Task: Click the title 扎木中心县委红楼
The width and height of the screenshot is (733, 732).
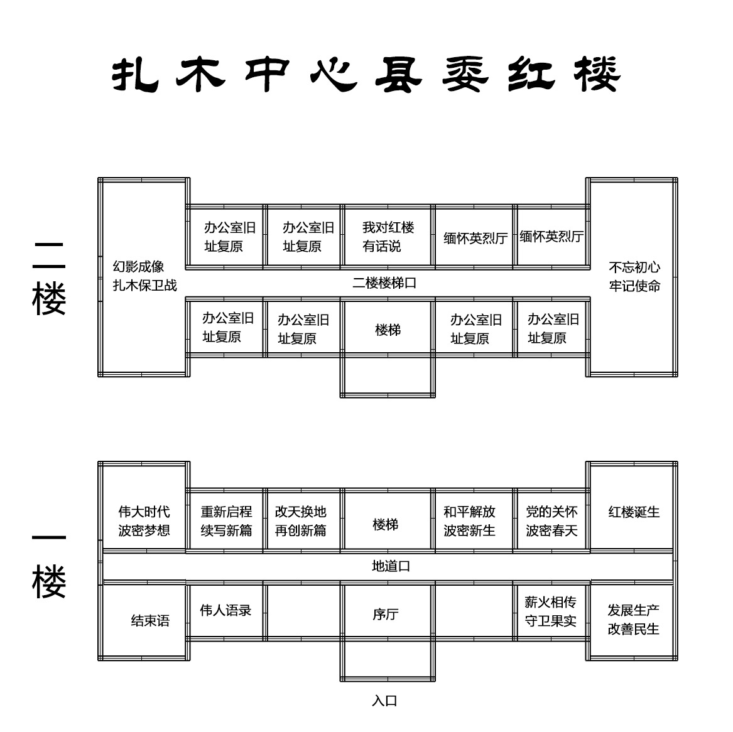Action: tap(366, 75)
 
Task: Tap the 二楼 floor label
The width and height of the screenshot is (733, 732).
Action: tap(49, 277)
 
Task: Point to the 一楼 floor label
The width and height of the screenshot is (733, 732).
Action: tap(49, 565)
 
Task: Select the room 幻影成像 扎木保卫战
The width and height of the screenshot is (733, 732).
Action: tap(144, 276)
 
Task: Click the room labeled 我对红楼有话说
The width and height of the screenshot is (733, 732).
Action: tap(388, 237)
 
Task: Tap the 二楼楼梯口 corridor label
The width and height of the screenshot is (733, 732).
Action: tap(384, 283)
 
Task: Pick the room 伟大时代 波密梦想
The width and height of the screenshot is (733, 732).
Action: tap(144, 521)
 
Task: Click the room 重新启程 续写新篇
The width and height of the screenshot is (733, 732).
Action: tap(226, 521)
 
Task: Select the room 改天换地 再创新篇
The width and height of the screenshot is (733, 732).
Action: tap(301, 521)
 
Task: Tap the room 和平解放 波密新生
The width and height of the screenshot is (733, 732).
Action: tap(469, 521)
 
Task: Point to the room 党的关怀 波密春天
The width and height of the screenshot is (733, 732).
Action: tap(551, 521)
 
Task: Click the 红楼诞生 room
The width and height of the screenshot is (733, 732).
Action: tap(634, 512)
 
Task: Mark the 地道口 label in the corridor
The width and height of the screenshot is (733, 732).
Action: tap(391, 566)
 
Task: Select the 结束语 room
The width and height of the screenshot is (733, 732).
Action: tap(150, 621)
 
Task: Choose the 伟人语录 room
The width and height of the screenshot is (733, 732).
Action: tap(225, 610)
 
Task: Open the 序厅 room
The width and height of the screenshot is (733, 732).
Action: tap(385, 614)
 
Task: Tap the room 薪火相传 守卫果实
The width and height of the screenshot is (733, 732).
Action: tap(551, 611)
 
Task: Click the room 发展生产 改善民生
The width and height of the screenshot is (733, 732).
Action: tap(634, 620)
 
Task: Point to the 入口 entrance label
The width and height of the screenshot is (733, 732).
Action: tap(384, 701)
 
